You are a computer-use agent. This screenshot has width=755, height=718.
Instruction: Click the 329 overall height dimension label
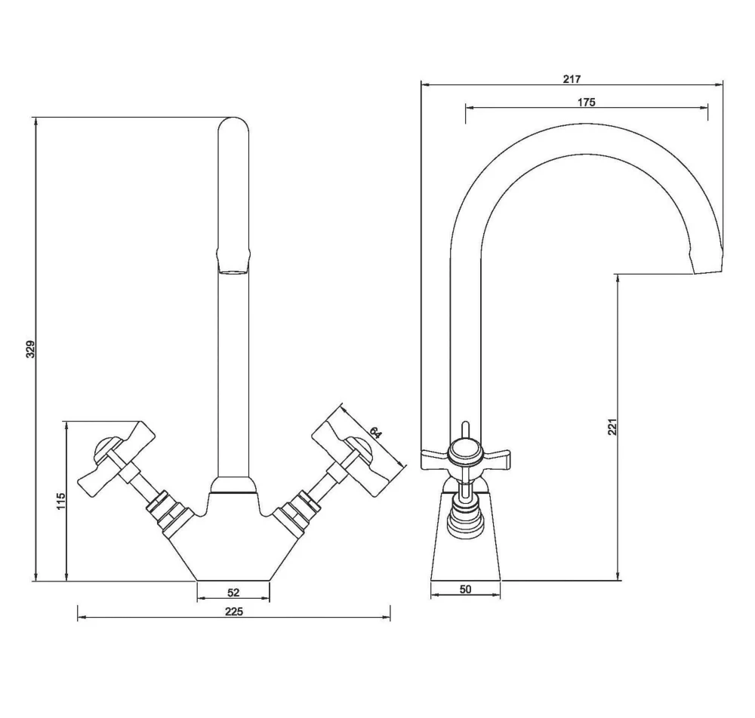coord(31,349)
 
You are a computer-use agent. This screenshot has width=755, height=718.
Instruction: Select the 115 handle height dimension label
coord(61,501)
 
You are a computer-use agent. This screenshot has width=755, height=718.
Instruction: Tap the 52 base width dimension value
coord(233,593)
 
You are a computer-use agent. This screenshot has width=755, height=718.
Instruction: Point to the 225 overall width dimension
coord(233,612)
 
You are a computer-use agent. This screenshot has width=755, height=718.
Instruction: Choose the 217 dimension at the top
coord(571,78)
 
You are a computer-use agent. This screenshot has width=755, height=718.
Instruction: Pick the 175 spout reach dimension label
coord(587,103)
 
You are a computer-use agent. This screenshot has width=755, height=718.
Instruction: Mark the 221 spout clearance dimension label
coord(612,426)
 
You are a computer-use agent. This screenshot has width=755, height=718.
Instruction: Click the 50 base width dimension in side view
coord(465,590)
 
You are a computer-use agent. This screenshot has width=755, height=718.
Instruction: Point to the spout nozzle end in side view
coord(707,263)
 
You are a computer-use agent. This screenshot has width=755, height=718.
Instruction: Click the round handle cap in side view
coord(464,456)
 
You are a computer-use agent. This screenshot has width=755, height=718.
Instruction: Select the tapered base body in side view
coord(465,554)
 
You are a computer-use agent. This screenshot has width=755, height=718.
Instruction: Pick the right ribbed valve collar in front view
coord(295,511)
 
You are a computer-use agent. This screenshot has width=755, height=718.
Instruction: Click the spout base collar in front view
coord(233,486)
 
